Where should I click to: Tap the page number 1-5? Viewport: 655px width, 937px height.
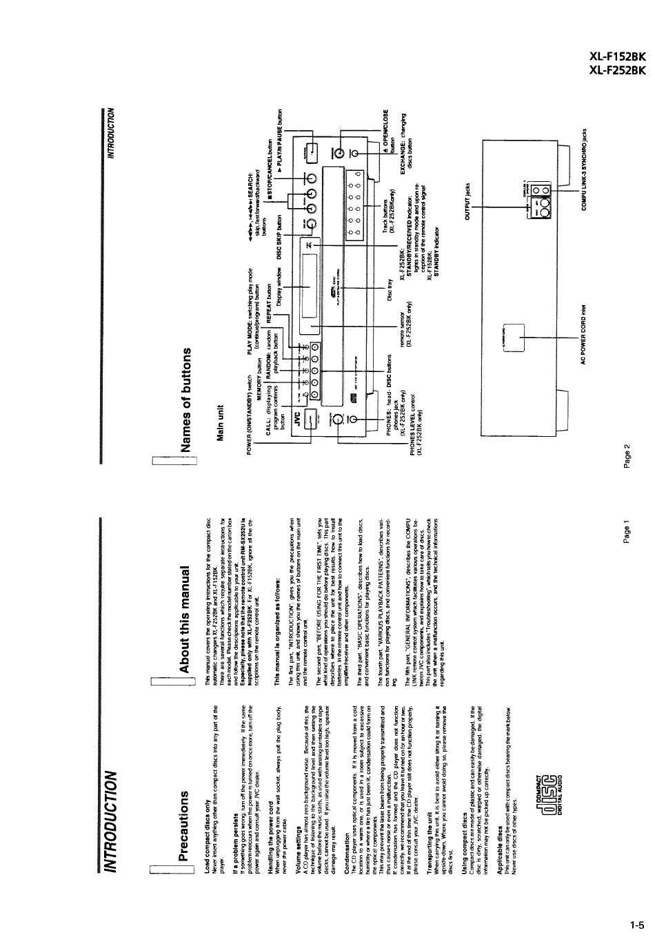(636, 925)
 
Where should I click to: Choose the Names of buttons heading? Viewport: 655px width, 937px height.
(183, 400)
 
